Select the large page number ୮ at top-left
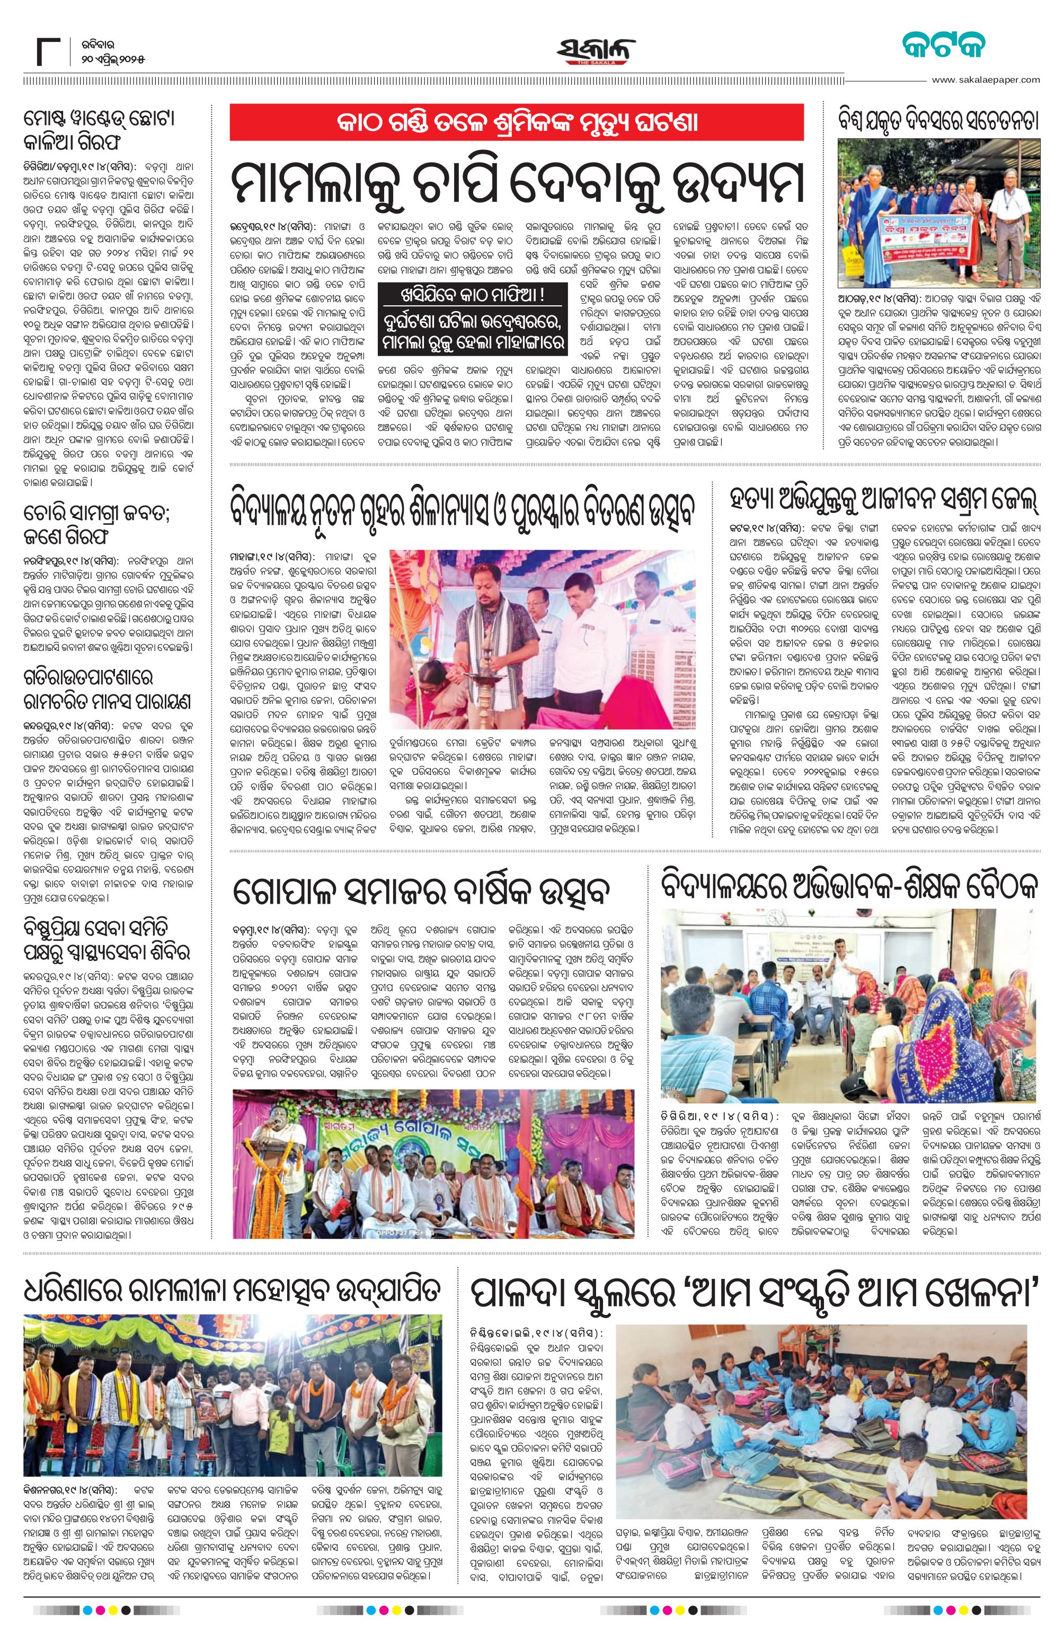[x=49, y=51]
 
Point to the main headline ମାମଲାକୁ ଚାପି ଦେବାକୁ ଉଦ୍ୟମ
[x=516, y=181]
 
